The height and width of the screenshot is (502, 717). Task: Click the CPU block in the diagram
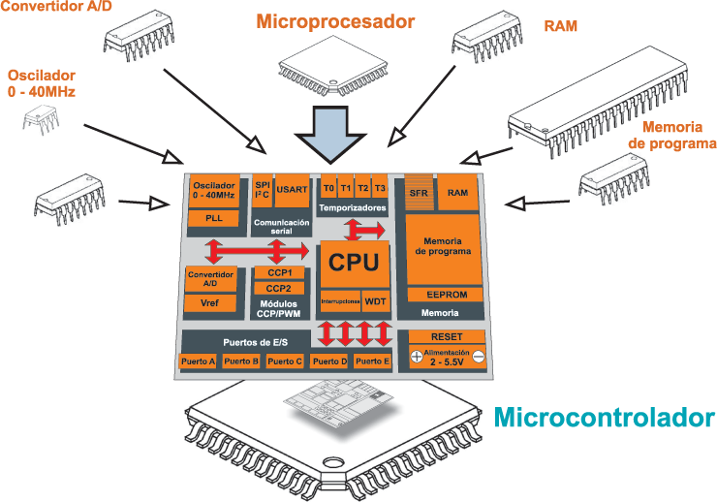[x=355, y=265]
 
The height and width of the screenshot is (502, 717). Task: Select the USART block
[x=292, y=190]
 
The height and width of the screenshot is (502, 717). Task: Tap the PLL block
[x=213, y=218]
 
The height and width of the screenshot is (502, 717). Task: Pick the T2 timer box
[x=362, y=188]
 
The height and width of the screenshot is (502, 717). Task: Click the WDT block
[x=375, y=301]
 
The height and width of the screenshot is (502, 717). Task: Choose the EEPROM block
[x=446, y=295]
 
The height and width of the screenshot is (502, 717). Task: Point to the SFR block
[x=419, y=192]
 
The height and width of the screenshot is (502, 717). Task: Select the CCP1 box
[x=279, y=273]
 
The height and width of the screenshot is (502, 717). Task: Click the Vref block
[x=210, y=303]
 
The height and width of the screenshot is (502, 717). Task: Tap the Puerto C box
[x=285, y=361]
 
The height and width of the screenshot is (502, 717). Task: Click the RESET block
[x=447, y=337]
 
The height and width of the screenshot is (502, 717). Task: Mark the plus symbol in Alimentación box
[x=416, y=357]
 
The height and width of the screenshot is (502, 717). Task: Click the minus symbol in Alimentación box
[x=479, y=356]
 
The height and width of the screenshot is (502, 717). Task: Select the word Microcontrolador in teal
[x=604, y=418]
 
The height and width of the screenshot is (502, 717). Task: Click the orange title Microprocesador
[x=335, y=21]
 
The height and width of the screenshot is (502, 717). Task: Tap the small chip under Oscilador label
[x=41, y=119]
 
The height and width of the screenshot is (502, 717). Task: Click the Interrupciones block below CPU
[x=340, y=301]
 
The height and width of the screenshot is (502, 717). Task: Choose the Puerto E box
[x=372, y=361]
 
